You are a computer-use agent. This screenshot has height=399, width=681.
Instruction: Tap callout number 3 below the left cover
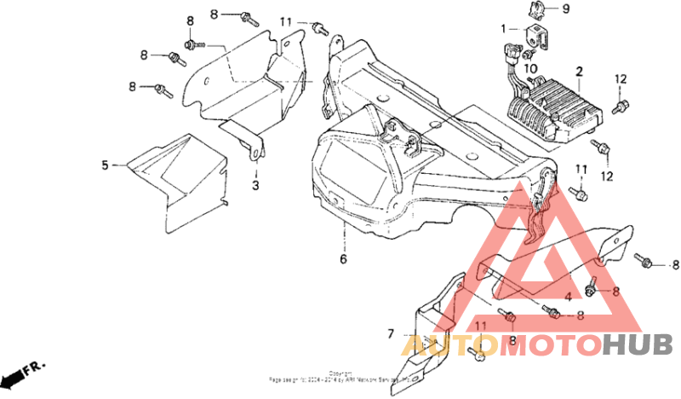click(x=255, y=184)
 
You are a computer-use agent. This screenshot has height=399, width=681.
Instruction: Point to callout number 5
click(x=106, y=165)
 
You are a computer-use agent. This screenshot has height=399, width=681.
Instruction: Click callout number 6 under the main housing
click(x=343, y=258)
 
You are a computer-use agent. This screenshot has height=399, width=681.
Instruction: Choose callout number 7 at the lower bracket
click(x=392, y=332)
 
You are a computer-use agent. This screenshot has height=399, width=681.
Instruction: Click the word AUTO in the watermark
click(x=438, y=345)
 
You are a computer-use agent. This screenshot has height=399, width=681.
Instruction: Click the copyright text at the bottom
click(x=340, y=376)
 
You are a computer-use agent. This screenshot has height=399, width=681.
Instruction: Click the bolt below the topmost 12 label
click(x=621, y=107)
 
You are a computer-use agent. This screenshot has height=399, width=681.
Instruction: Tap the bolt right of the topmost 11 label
click(x=321, y=28)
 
